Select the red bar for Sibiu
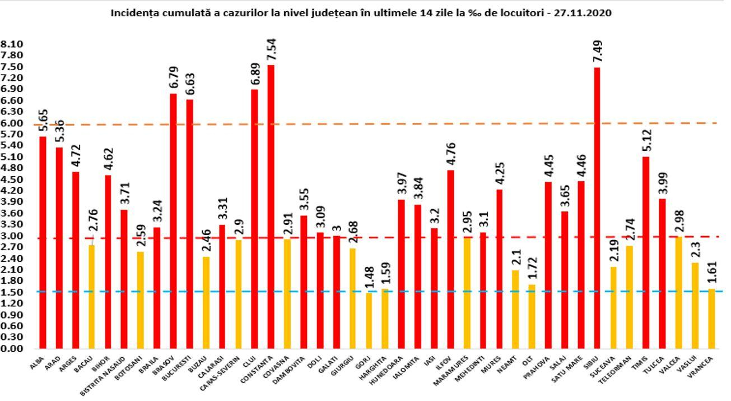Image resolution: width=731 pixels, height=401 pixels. (x=597, y=208)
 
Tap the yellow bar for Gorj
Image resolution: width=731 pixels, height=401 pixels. (x=369, y=320)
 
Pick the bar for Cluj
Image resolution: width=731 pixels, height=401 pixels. (x=255, y=219)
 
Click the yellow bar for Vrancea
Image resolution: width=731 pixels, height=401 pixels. (x=711, y=319)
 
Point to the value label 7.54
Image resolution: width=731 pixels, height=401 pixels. (x=271, y=49)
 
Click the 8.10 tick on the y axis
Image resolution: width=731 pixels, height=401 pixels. (x=12, y=44)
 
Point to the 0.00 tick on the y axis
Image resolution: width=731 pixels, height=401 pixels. (x=12, y=348)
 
